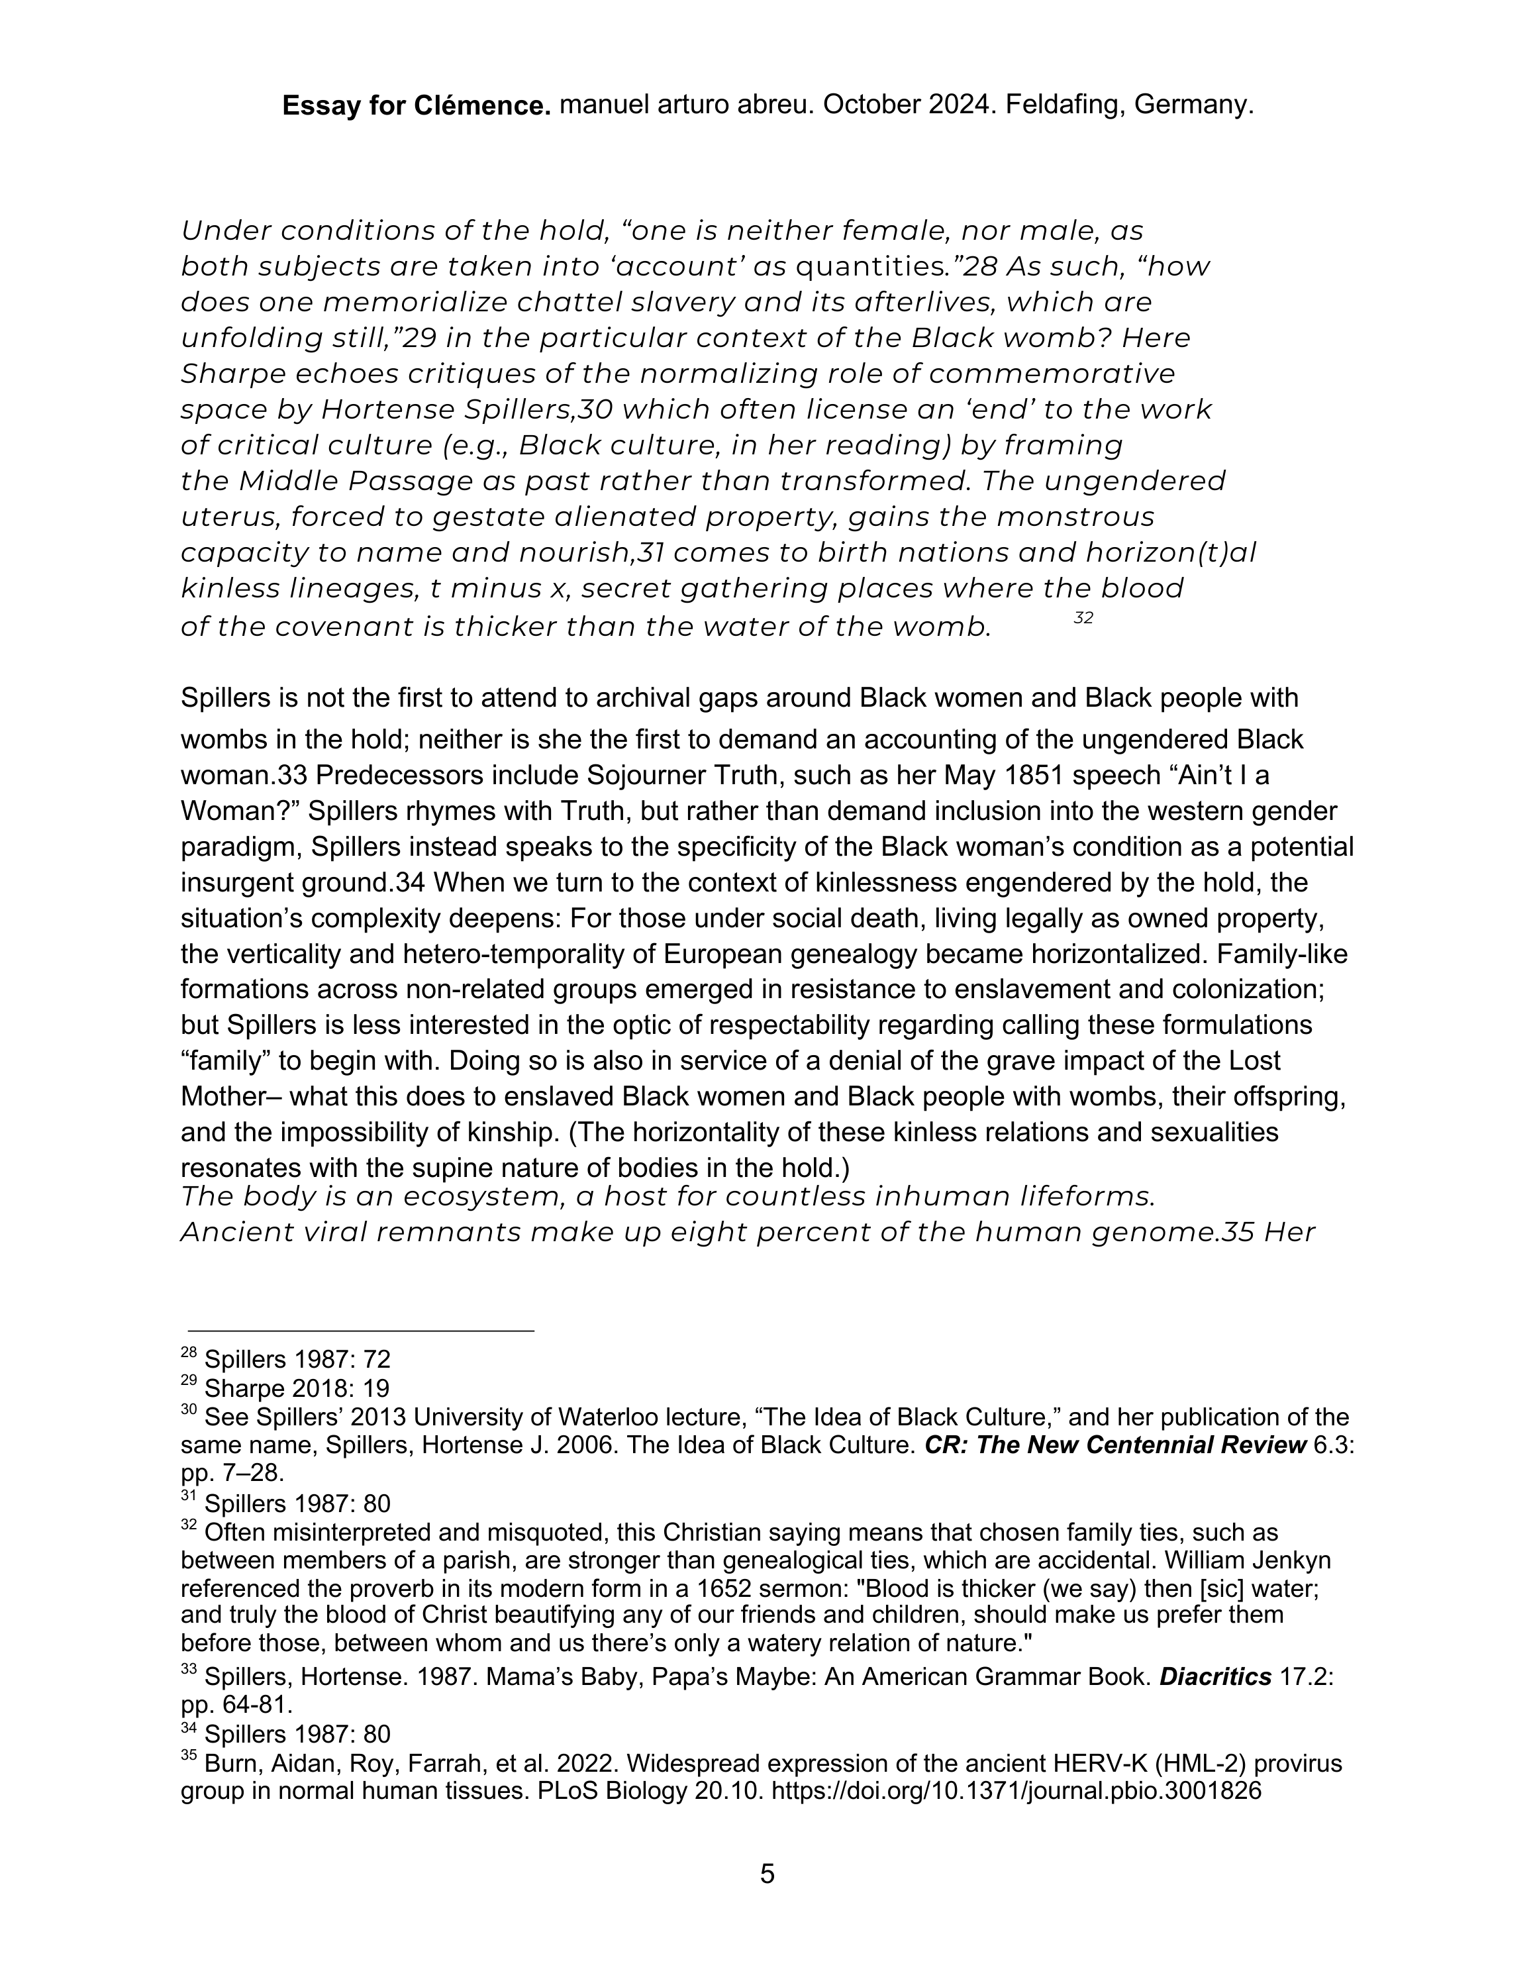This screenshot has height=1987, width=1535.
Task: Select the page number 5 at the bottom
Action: click(x=767, y=1874)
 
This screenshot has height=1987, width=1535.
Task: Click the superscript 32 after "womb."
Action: click(x=1083, y=619)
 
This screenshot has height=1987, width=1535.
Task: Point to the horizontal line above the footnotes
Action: click(x=360, y=1331)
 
